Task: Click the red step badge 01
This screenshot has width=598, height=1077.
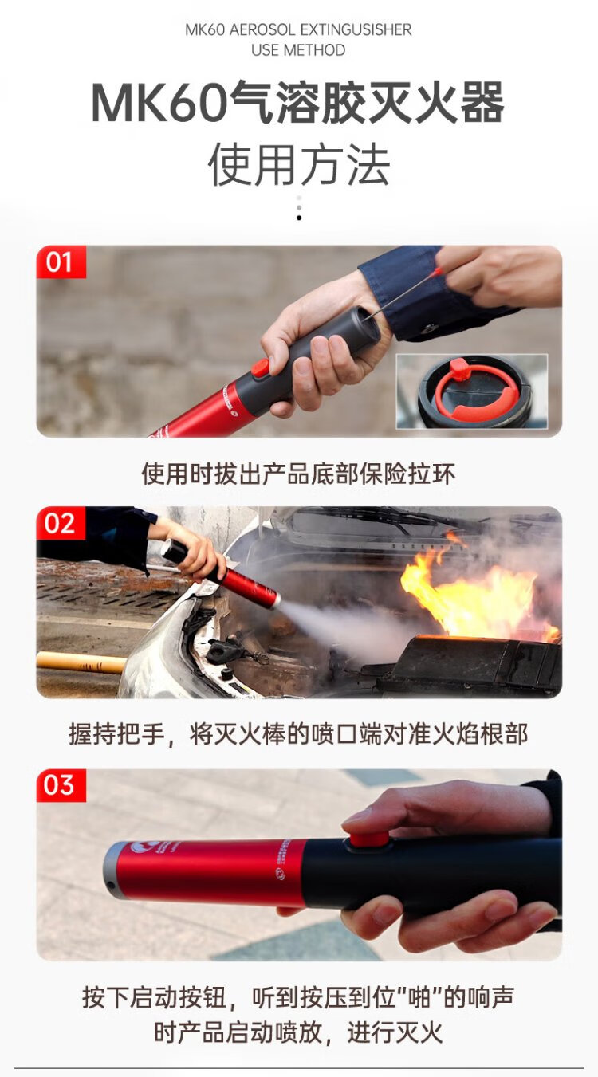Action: tap(61, 262)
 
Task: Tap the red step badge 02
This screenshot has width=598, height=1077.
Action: tap(61, 523)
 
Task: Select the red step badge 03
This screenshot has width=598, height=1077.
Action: tap(61, 785)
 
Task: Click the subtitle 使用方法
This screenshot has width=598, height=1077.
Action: tap(298, 165)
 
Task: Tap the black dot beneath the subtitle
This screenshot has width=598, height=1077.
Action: tap(299, 218)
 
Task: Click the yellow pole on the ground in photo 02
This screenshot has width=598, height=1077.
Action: tap(81, 662)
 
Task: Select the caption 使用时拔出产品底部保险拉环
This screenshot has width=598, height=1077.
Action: tap(298, 474)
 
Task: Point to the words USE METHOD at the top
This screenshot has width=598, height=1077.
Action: tap(298, 50)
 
